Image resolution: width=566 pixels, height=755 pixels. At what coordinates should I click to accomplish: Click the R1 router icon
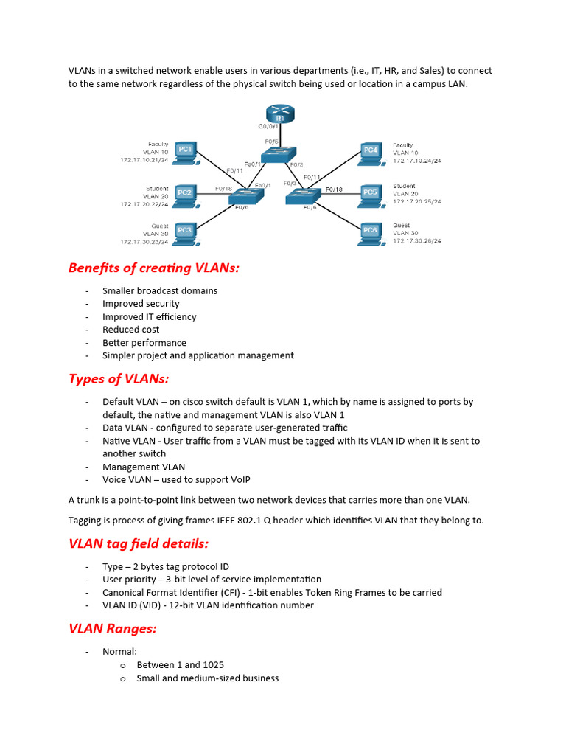(280, 116)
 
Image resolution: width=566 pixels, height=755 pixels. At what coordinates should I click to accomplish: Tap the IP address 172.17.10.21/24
(144, 159)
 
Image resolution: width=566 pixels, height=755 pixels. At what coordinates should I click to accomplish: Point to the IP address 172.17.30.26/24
(417, 240)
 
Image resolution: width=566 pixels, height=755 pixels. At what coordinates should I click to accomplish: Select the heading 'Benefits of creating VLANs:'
(154, 268)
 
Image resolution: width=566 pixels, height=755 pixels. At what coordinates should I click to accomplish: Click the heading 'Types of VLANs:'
(119, 379)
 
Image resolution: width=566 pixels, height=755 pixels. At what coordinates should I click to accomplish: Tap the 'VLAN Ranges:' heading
(113, 629)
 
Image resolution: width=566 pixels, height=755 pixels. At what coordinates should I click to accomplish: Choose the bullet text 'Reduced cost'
(130, 330)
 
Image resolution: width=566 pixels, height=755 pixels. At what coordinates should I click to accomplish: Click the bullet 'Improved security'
(141, 304)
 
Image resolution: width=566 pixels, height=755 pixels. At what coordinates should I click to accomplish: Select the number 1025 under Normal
(212, 665)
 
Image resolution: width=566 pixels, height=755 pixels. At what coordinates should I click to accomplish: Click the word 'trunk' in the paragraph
(87, 500)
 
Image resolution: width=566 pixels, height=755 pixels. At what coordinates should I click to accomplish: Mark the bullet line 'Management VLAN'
(144, 467)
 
